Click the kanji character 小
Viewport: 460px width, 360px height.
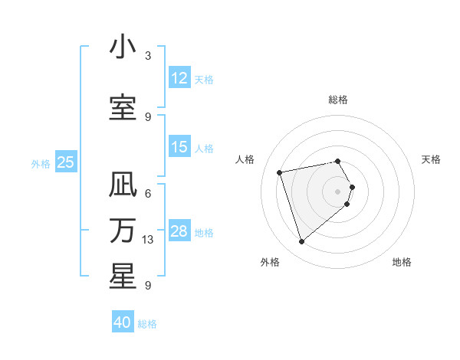point(123,47)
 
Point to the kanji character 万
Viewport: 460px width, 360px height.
point(123,231)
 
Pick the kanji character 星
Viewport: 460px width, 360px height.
point(123,277)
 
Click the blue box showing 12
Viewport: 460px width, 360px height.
point(179,78)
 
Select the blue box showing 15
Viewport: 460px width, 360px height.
point(179,147)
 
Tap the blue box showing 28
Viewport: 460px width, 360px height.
point(179,231)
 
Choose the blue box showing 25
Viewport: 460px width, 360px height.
point(65,162)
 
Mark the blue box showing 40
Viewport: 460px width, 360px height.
point(123,322)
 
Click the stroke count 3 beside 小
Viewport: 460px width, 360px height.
point(148,56)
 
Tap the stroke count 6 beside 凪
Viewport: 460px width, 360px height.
point(148,193)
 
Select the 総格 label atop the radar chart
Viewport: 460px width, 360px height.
point(338,100)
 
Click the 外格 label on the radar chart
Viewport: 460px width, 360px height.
point(270,262)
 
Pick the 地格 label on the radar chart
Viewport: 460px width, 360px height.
point(402,262)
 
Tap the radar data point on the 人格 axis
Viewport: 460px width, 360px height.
point(280,172)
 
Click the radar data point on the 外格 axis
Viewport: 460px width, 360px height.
point(301,242)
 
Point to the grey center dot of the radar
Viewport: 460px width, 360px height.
point(338,191)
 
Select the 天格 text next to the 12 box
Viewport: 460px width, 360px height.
point(204,80)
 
